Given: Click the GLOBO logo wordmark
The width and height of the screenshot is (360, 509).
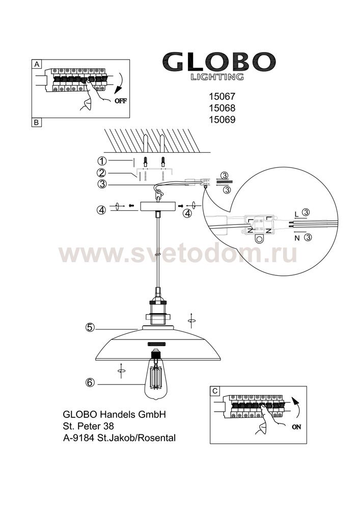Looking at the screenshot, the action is click(x=219, y=62).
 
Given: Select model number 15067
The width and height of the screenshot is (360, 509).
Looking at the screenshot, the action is click(x=222, y=96).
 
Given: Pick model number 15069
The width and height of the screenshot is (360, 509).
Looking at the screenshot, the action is click(x=222, y=120).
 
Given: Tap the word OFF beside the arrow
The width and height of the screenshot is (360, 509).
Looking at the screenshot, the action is click(x=121, y=101).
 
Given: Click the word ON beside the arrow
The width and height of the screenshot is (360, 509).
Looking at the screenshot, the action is click(x=296, y=427).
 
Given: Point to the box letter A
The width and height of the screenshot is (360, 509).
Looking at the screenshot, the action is click(x=37, y=64).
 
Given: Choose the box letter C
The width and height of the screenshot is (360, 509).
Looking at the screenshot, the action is click(x=215, y=391).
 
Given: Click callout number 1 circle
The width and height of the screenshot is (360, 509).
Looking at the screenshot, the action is click(x=102, y=161).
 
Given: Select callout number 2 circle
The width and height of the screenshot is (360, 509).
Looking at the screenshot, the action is click(x=102, y=173).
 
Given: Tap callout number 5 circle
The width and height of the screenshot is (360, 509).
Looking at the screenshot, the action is click(x=90, y=327).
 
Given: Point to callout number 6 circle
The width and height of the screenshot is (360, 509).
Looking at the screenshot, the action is click(x=90, y=383).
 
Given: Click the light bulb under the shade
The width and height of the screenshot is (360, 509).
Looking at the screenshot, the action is click(x=157, y=374).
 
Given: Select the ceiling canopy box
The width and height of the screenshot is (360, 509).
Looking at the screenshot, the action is click(x=158, y=206).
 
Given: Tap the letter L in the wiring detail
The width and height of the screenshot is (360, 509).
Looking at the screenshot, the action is click(x=296, y=214).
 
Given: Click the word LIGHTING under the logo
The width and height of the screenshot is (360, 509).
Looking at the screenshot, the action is click(x=216, y=77).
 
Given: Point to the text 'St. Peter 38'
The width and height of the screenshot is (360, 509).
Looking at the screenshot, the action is click(x=88, y=426).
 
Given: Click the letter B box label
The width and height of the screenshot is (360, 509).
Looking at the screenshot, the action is click(x=36, y=122).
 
